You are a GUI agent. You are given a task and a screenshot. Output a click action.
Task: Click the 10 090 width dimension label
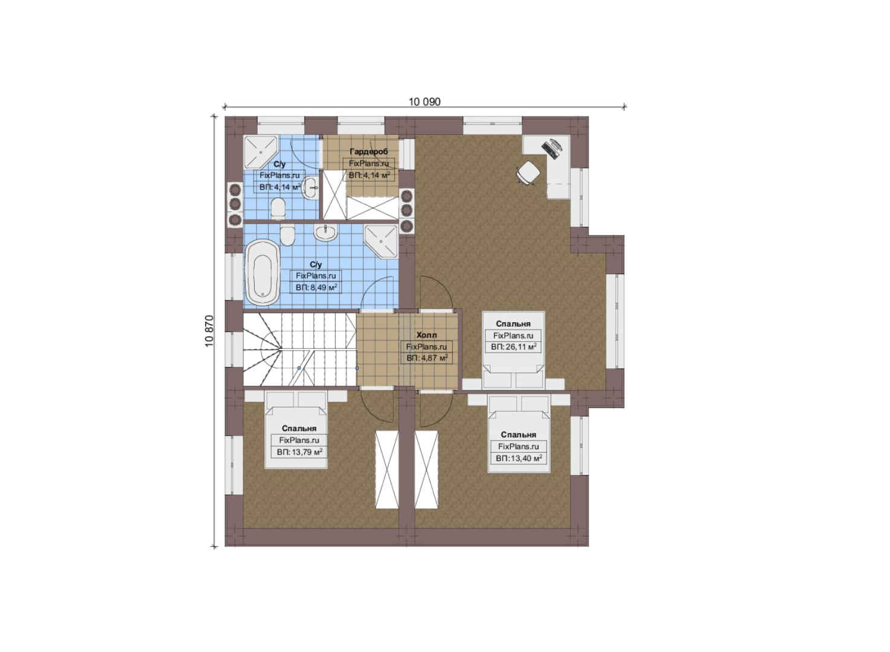click(424, 102)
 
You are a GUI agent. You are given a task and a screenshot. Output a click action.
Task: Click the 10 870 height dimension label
click(210, 331)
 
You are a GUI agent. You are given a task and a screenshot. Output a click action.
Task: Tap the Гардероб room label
click(368, 152)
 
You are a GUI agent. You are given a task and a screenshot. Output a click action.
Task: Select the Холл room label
click(426, 335)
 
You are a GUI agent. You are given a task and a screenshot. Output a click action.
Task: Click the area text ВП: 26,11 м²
click(513, 347)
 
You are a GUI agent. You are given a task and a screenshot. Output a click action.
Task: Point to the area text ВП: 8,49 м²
click(316, 287)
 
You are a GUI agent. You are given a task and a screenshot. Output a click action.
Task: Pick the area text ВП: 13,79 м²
click(299, 452)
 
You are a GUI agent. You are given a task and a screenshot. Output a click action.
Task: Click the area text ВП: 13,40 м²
click(519, 458)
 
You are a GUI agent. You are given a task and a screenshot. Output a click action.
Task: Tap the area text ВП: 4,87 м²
click(427, 358)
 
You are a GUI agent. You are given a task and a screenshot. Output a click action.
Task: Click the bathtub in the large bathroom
click(262, 272)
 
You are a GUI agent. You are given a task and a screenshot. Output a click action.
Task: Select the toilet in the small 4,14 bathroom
click(278, 209)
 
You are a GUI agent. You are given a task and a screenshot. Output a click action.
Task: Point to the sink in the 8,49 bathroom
click(326, 232)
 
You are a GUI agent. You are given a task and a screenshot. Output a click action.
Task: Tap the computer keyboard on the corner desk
click(549, 150)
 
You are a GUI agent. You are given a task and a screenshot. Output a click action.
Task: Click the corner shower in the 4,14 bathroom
click(260, 152)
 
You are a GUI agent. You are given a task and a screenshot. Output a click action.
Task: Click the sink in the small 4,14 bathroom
click(310, 187)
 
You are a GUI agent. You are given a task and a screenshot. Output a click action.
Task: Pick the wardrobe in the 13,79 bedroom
click(387, 469)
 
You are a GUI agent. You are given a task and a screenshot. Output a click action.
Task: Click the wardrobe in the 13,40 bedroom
click(426, 469)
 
